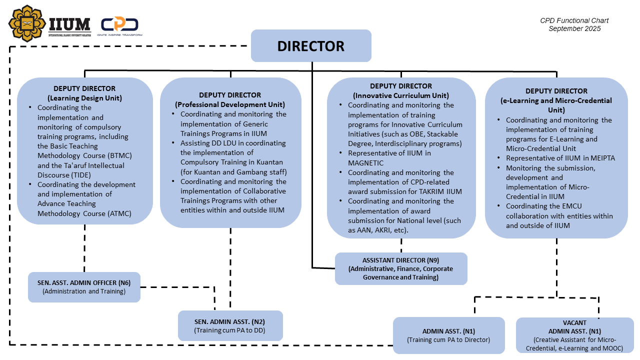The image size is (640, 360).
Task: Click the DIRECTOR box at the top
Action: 310,46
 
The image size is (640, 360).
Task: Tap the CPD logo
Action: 120,25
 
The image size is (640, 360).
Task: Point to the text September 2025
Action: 574,28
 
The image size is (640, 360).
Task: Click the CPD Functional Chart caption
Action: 574,20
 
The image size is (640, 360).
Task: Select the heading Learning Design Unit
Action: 84,98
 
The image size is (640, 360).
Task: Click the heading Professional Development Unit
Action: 230,104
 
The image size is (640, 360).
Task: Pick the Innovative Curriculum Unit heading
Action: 401,95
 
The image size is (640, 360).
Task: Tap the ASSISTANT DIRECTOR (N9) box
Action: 400,268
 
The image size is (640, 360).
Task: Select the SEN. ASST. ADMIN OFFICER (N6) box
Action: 84,287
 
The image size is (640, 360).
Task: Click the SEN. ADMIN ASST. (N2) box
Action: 230,325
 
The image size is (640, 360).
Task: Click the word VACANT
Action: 574,322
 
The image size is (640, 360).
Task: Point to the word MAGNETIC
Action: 365,163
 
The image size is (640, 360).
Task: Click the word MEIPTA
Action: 599,158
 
